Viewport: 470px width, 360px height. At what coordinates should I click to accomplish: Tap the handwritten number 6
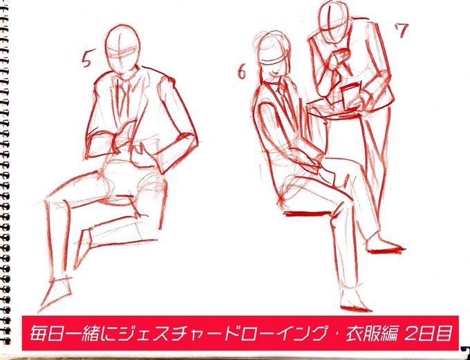coord(242,73)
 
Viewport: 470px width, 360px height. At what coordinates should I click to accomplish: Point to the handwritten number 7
coord(402,30)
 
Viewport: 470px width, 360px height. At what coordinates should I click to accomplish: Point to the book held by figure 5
coord(126,132)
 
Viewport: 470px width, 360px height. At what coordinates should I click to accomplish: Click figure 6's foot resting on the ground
coord(354,301)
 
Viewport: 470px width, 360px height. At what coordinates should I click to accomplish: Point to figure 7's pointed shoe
coord(384,245)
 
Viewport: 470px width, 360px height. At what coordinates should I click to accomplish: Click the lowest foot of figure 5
coord(55,294)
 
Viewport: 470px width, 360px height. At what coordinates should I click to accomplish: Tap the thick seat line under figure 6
coord(307,214)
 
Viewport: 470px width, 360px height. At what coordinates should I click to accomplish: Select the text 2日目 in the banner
coord(428,333)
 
